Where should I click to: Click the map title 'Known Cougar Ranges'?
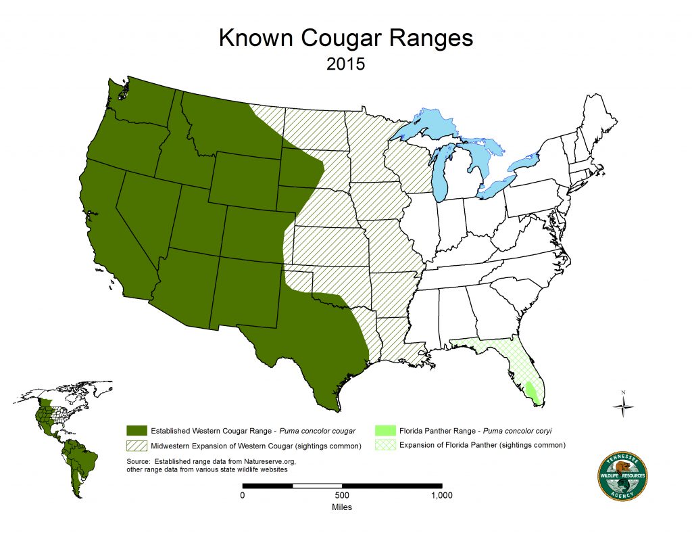[345, 39]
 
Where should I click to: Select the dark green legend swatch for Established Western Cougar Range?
[137, 431]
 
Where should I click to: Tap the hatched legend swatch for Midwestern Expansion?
[137, 445]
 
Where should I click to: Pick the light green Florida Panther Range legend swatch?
[385, 431]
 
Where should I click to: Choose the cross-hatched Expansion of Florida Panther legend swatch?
[385, 445]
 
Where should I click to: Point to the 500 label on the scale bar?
[342, 495]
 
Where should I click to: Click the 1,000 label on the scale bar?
[441, 495]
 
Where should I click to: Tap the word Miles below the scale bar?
[342, 507]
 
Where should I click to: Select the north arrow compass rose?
[623, 404]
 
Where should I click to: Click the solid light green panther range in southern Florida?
[533, 393]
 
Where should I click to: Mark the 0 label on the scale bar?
[243, 495]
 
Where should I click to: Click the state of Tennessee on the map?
[466, 271]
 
